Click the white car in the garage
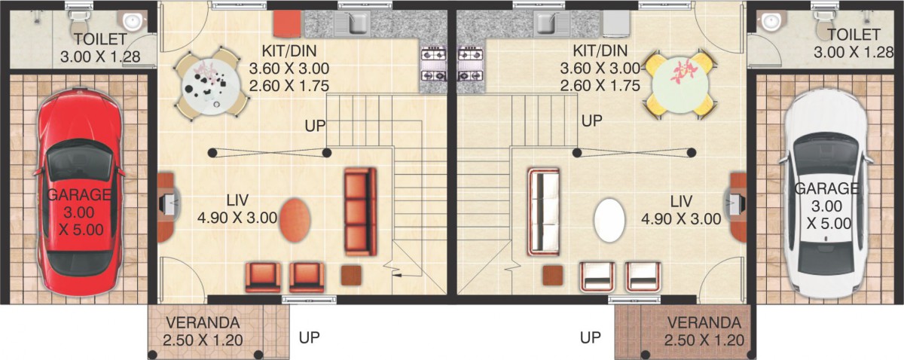pos(826,199)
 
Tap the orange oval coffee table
pos(295,220)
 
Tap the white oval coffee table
pos(609,220)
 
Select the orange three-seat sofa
pos(360,212)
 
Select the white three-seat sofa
pos(544,212)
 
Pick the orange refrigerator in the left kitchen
pos(287,24)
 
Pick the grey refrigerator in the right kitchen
pos(616,24)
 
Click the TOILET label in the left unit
pos(100,40)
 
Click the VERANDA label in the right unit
pos(704,323)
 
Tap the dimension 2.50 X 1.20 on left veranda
pos(203,340)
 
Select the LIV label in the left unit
pos(237,200)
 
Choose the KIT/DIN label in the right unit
pos(600,51)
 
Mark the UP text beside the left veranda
pos(310,337)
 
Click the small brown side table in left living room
pos(351,275)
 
